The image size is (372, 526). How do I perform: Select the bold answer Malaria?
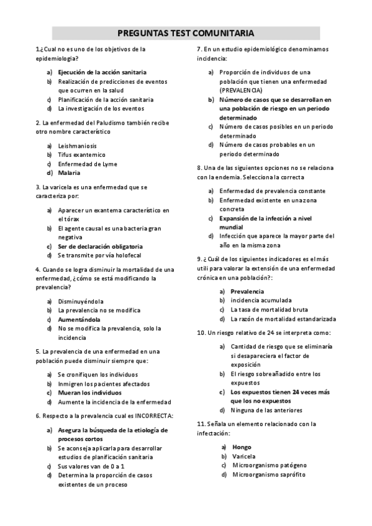click(69, 174)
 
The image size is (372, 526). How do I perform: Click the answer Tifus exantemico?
click(82, 154)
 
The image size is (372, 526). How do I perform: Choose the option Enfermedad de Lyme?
click(88, 164)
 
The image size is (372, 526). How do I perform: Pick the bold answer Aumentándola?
click(79, 319)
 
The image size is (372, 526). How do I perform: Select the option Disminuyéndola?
click(80, 300)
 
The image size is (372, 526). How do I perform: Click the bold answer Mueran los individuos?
click(89, 393)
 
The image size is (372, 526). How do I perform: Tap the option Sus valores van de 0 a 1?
click(91, 466)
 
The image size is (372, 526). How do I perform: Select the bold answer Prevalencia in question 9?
click(247, 291)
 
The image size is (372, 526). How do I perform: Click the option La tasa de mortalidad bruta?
click(269, 310)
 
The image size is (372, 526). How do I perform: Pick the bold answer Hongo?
click(242, 447)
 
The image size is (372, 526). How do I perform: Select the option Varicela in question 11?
click(244, 456)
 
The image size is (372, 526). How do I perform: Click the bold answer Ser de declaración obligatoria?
click(100, 246)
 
